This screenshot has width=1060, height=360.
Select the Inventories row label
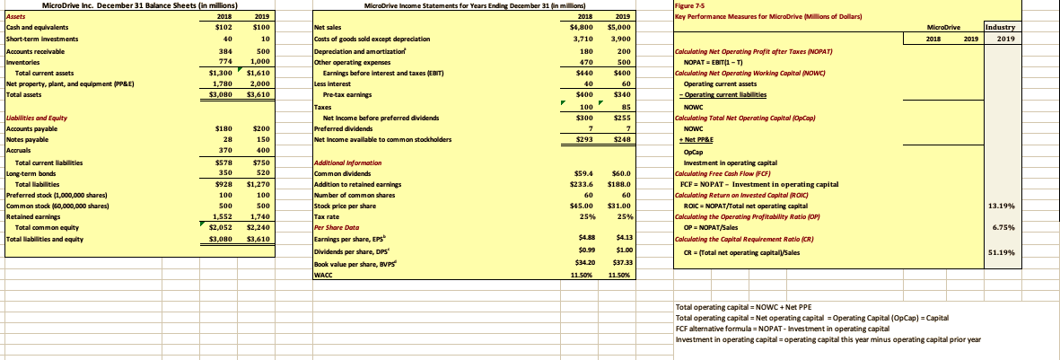22,61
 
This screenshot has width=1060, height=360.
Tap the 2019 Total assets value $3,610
257,93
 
